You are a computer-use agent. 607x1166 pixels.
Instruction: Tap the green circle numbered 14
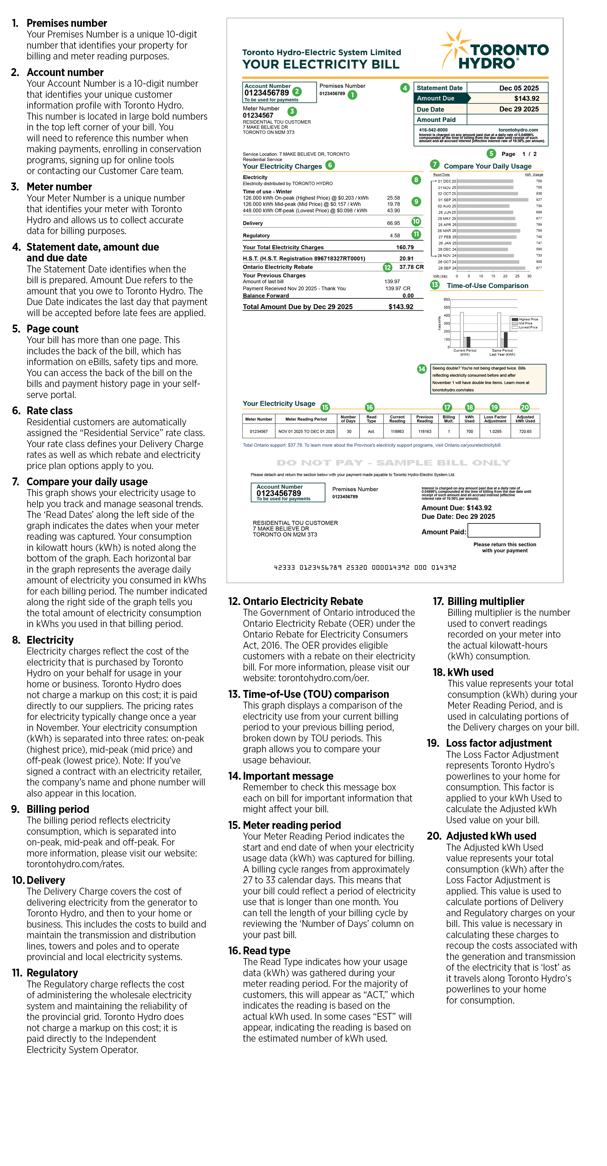click(x=422, y=369)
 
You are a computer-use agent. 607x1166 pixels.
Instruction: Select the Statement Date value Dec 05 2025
click(x=519, y=88)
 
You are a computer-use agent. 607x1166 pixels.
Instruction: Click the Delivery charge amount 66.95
click(x=393, y=223)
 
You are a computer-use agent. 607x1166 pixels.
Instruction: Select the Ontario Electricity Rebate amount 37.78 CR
click(x=411, y=267)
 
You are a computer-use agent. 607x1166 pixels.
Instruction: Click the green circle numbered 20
click(x=525, y=407)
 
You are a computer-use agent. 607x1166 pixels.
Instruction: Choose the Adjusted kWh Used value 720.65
click(x=525, y=431)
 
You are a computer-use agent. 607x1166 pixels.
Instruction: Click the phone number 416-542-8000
click(x=433, y=130)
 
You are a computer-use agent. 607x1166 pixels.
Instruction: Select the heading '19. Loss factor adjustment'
click(x=498, y=743)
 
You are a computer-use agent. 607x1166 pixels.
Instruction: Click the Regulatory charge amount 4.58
click(x=395, y=235)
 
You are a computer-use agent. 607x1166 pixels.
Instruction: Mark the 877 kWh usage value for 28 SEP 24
click(x=539, y=268)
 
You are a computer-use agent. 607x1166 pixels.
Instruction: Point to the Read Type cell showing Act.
click(x=371, y=431)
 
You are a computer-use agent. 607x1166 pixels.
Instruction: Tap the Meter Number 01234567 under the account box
click(x=258, y=115)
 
